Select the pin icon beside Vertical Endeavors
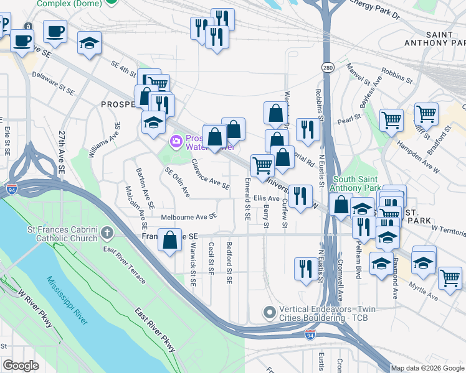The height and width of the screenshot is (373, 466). click(269, 312)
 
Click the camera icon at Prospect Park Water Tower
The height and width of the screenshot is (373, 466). click(176, 142)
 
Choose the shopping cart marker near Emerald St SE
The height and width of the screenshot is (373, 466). click(262, 165)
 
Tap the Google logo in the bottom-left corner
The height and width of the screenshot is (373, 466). click(21, 366)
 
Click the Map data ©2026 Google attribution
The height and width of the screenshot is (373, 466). click(427, 368)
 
